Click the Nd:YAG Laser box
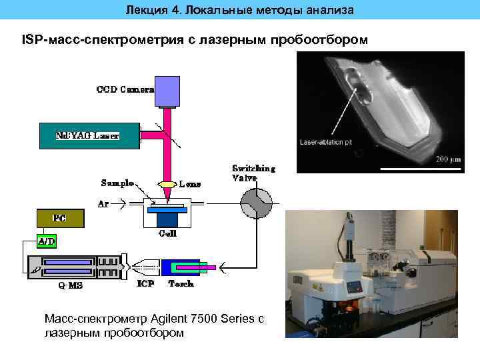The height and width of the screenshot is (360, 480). click(x=89, y=135)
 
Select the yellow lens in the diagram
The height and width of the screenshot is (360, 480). click(x=167, y=184)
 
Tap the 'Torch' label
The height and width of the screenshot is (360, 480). click(x=181, y=284)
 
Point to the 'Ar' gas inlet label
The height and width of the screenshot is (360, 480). click(x=104, y=205)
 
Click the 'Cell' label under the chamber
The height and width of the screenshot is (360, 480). click(x=167, y=234)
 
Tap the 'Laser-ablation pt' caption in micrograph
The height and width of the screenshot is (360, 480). click(x=325, y=142)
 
